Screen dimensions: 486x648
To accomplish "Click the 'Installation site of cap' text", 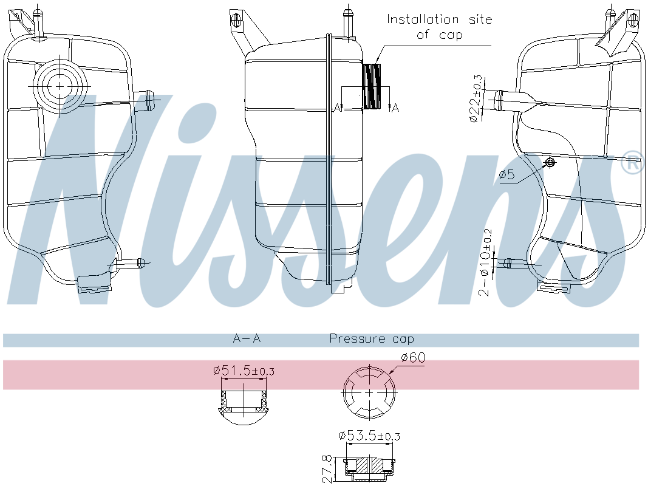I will click(x=440, y=27).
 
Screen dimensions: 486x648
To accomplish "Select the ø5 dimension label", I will click(x=507, y=176).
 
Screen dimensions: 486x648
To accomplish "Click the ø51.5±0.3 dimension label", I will click(x=244, y=370).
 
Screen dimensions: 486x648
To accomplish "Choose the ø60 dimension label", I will click(x=412, y=357).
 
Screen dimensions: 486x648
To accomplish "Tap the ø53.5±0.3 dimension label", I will click(x=369, y=435).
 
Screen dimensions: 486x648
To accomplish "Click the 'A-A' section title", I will click(x=247, y=338).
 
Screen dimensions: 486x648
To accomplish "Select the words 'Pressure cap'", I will click(x=371, y=338).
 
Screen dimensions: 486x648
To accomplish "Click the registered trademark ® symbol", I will click(x=632, y=162).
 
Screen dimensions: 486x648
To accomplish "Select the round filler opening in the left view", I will click(x=59, y=87).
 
